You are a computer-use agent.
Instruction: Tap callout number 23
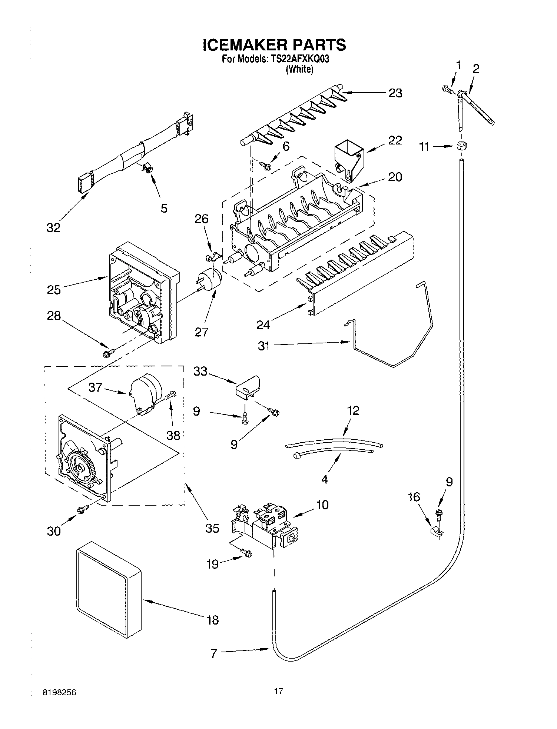pos(395,93)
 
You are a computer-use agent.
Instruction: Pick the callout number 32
pos(53,228)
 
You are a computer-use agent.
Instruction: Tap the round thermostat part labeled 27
pos(209,279)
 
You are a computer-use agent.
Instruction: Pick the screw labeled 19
pos(246,553)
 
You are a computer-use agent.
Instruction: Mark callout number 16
pos(414,496)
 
